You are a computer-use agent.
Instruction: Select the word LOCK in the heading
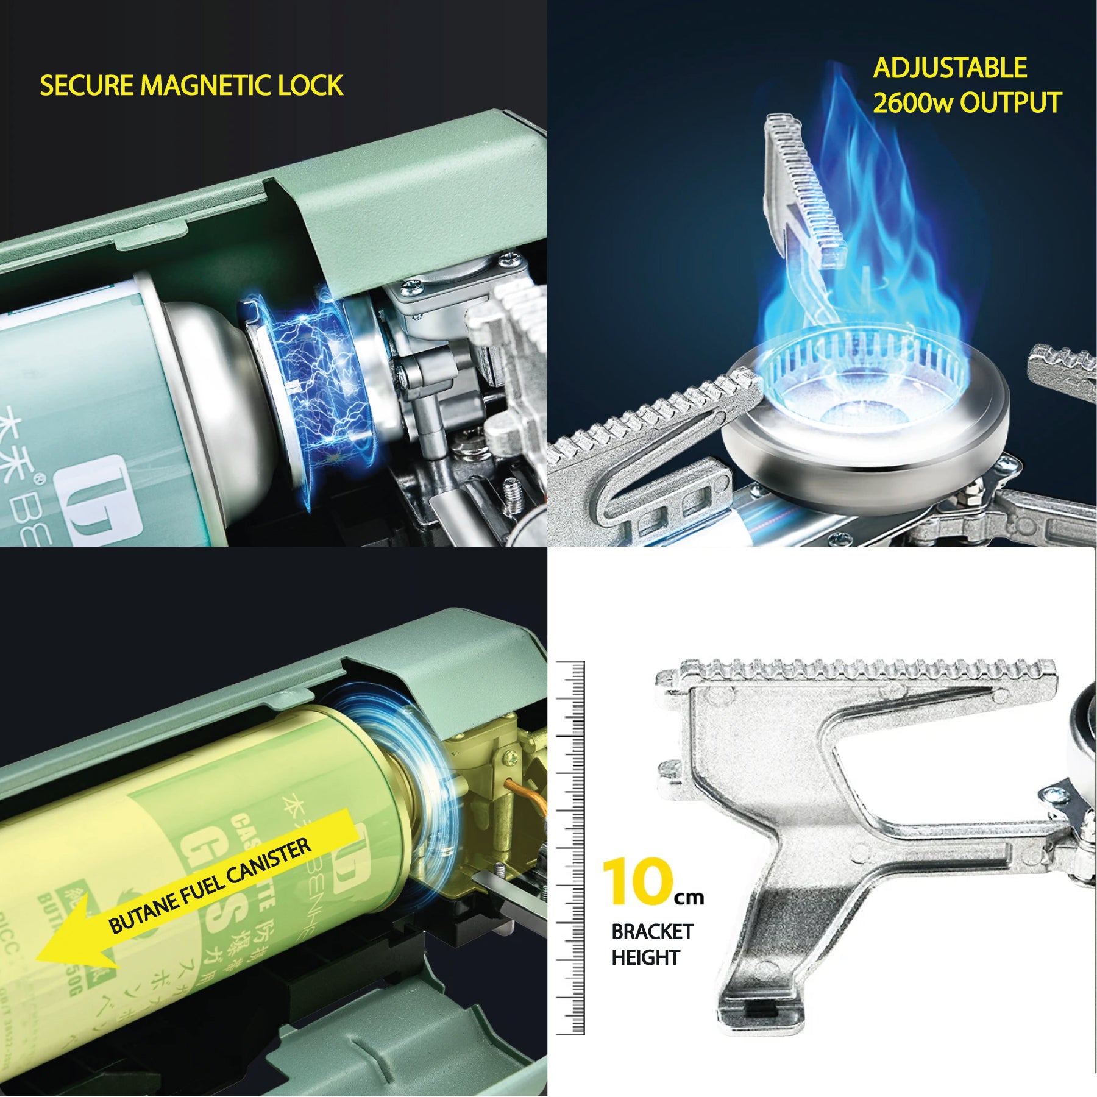click(x=310, y=85)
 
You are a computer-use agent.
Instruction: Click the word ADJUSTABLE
click(x=950, y=68)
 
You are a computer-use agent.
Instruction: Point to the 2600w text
click(x=912, y=103)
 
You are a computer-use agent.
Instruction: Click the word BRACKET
click(x=651, y=932)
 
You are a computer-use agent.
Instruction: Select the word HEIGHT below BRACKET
click(x=645, y=957)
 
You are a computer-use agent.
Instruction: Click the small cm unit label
click(x=689, y=898)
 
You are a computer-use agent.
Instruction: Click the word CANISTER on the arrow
click(x=268, y=864)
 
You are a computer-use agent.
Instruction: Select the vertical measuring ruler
click(x=570, y=847)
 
